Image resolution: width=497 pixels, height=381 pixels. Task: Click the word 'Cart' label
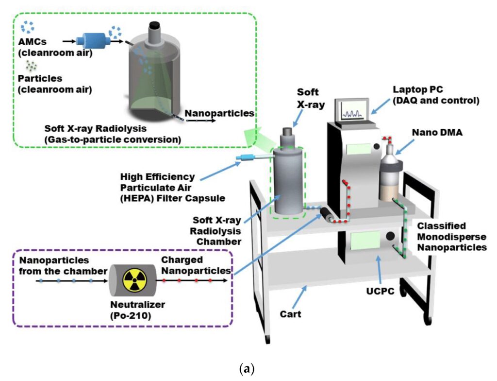(290, 314)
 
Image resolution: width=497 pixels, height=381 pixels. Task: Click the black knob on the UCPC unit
(390, 237)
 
